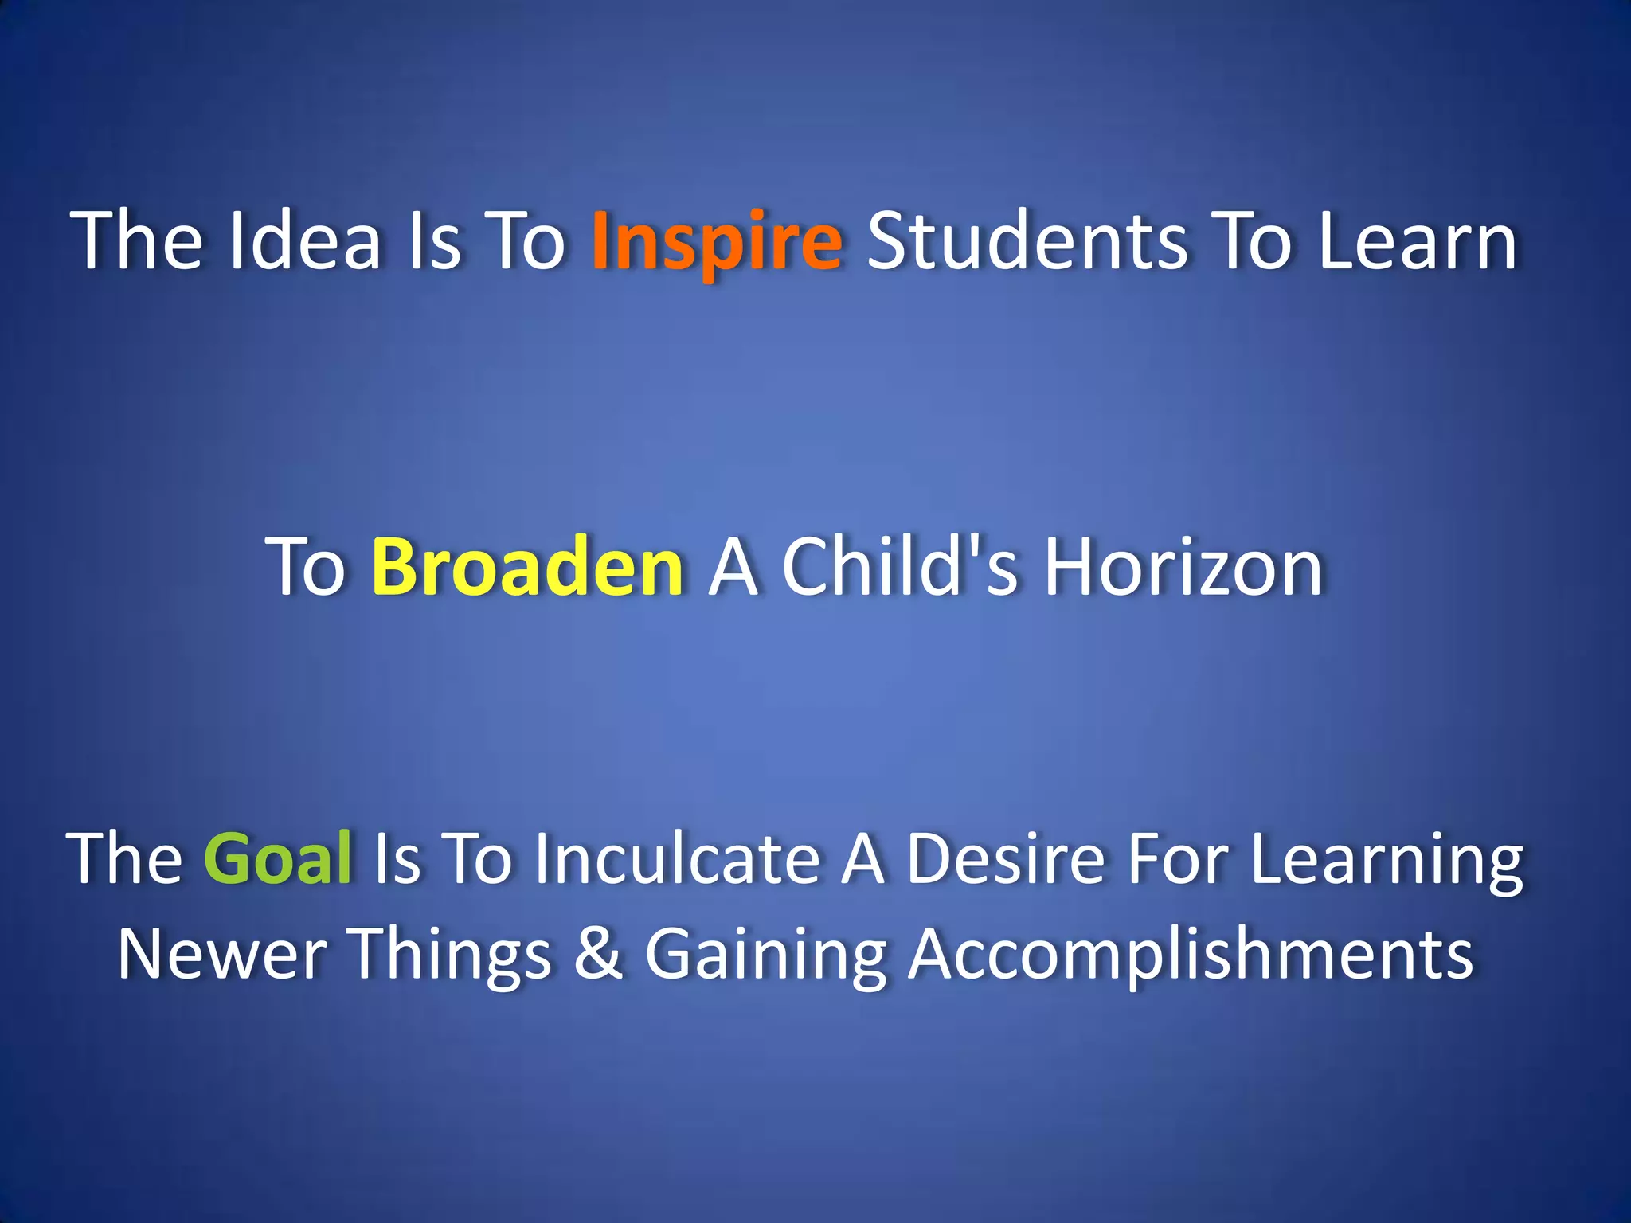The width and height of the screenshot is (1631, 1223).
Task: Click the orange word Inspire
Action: coord(716,241)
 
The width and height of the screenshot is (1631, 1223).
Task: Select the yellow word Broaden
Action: coord(527,567)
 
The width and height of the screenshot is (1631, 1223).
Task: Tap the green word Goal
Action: coord(278,858)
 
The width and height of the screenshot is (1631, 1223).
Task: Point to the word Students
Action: coord(1027,241)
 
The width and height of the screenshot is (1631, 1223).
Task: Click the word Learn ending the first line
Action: coord(1417,241)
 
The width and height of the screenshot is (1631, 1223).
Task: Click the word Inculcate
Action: coord(678,858)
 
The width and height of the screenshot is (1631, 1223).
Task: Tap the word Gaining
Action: coord(765,955)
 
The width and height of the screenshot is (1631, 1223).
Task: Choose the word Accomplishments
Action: coord(1191,955)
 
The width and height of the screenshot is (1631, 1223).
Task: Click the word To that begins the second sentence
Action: coord(306,567)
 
